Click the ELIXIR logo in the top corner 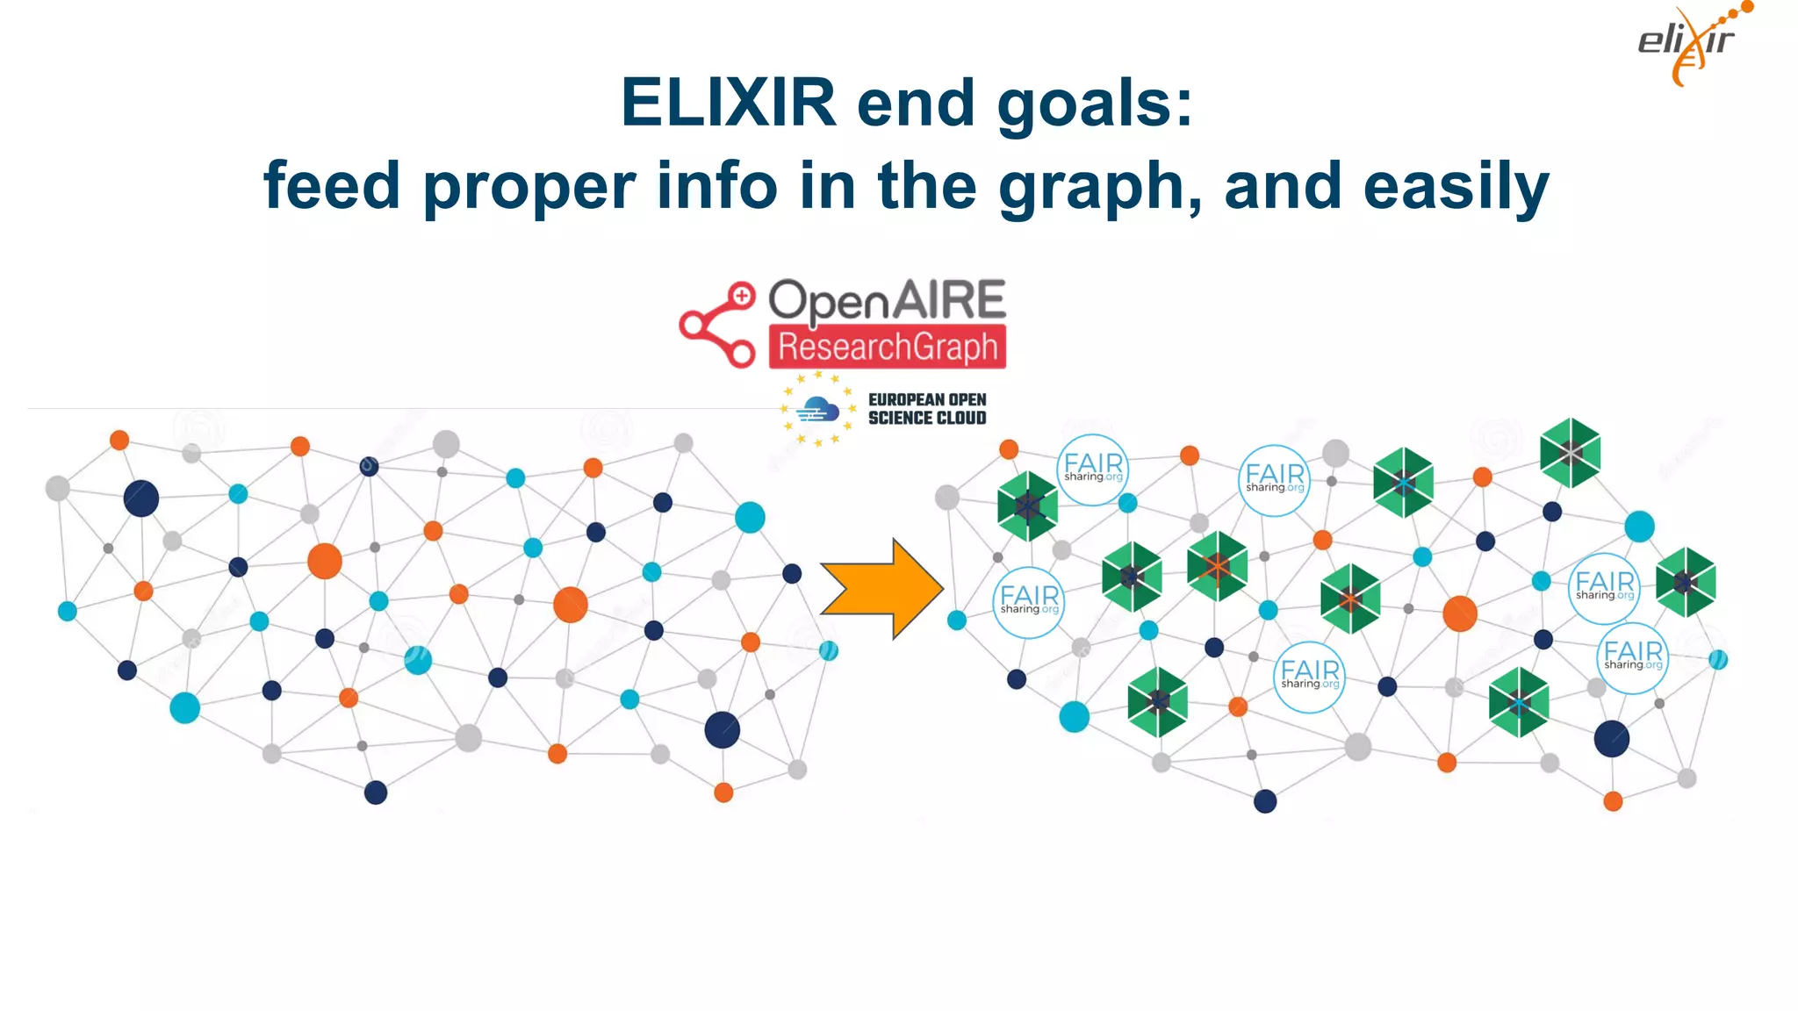1689,44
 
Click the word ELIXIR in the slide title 728,103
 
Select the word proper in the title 529,187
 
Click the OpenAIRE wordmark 887,300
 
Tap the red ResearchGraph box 888,348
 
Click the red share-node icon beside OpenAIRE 718,324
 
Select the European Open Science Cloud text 927,409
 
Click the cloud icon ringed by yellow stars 817,409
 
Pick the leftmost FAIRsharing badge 1029,601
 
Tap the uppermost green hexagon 1570,453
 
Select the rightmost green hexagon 1685,582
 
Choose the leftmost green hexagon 1027,505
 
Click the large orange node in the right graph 1459,613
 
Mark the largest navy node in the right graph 1611,738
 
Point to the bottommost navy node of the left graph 376,792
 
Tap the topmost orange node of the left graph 119,440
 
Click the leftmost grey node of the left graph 58,488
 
